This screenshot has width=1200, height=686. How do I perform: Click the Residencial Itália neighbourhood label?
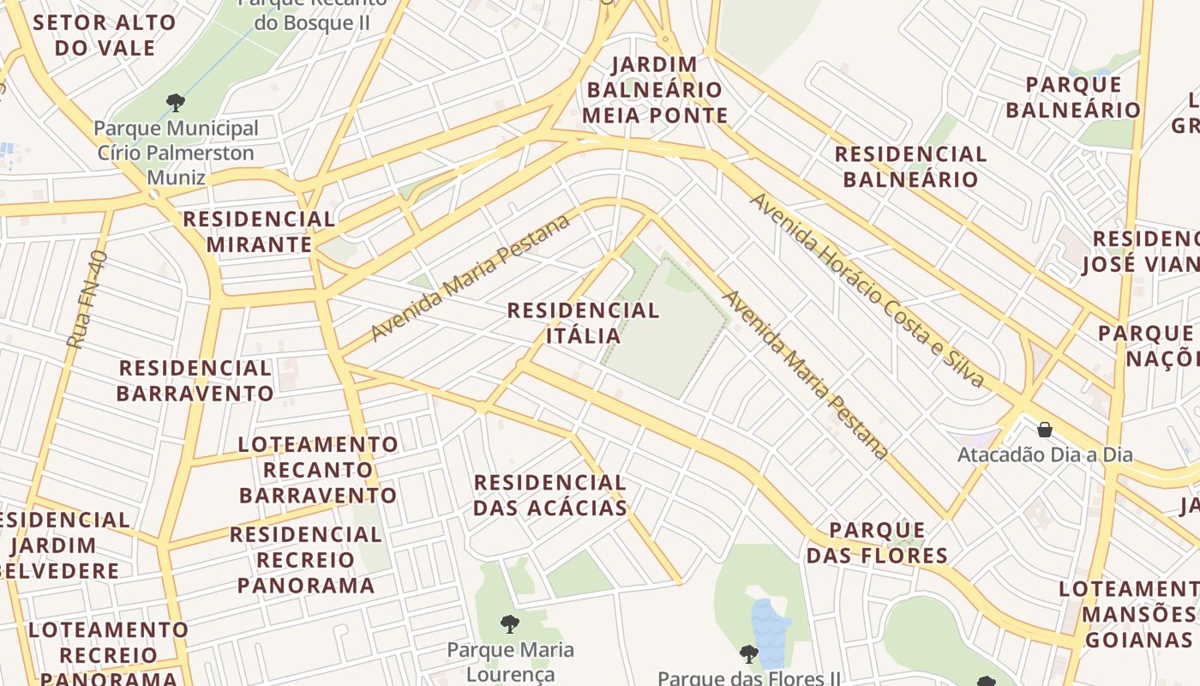tap(583, 322)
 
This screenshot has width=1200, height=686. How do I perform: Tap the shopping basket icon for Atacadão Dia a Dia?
tap(1045, 429)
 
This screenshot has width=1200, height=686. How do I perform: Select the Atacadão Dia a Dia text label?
tap(1045, 454)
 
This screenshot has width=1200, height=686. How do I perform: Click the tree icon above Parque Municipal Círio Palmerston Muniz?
tap(176, 104)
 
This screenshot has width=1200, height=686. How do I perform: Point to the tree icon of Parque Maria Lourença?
tap(510, 623)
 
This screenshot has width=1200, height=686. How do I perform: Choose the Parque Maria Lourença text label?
tap(511, 661)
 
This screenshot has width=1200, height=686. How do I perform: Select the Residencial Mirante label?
tap(259, 232)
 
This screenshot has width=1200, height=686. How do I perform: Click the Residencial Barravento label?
tap(195, 381)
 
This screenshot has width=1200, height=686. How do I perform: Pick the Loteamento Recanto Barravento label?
tap(318, 470)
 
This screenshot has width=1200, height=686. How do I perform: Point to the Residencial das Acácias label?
tap(550, 495)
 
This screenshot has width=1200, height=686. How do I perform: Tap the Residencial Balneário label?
tap(911, 166)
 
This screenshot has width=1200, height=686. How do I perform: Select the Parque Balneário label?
tap(1073, 97)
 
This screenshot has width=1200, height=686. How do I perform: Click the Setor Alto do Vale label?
tap(105, 35)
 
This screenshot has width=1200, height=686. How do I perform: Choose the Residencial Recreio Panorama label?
tap(306, 560)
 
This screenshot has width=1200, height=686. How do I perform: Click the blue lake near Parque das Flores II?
tap(770, 635)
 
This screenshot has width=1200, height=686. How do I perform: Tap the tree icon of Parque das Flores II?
tap(748, 654)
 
